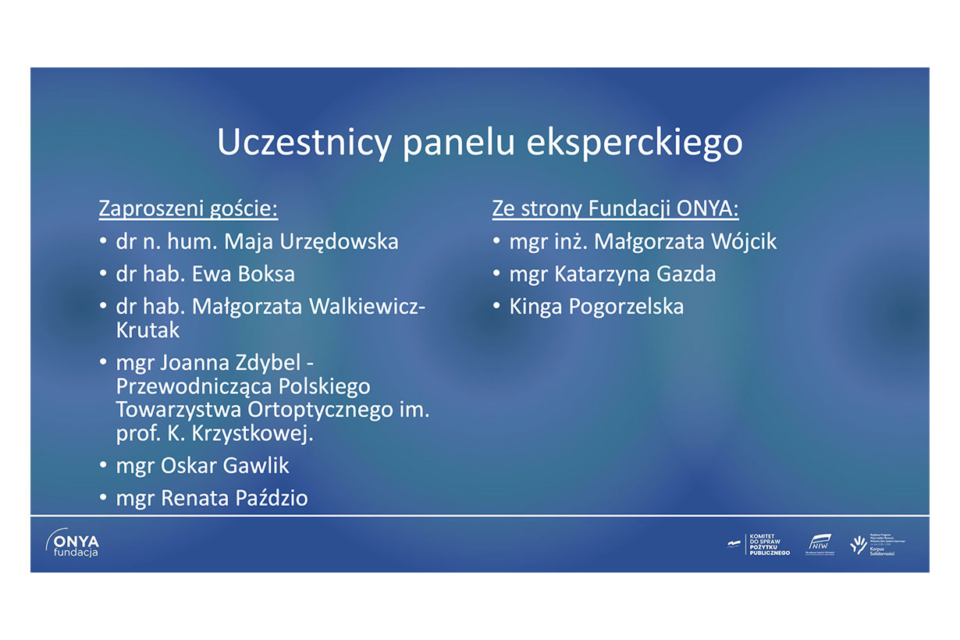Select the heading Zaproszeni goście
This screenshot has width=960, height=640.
(188, 209)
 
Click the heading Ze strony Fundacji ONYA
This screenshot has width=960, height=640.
(615, 209)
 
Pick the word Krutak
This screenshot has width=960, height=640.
(148, 330)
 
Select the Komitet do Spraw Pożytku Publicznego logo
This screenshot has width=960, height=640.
(759, 545)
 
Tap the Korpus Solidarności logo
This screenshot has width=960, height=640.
(878, 544)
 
